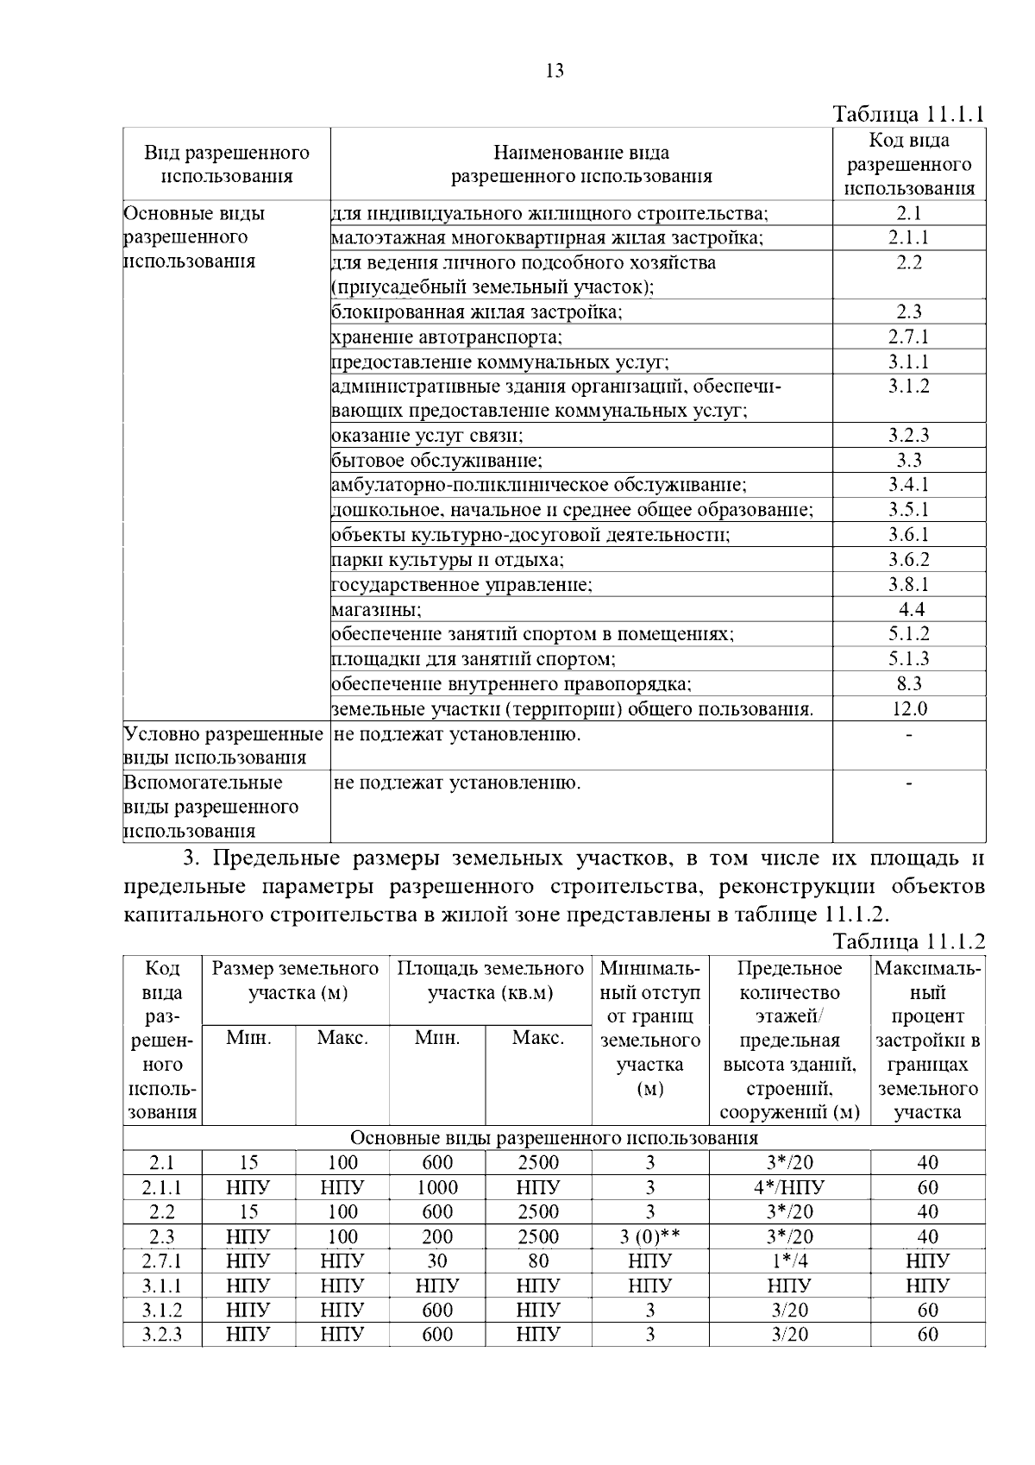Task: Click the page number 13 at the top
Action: coord(555,72)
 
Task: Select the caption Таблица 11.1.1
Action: coord(908,115)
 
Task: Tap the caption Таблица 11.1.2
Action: coord(908,940)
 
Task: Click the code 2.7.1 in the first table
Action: coord(909,336)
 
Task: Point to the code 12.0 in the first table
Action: coord(909,709)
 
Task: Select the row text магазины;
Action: coord(377,610)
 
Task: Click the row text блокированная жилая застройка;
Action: coord(477,312)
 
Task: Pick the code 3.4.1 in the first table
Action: coord(909,485)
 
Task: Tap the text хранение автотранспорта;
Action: coord(447,336)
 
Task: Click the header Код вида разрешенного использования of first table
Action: coord(909,164)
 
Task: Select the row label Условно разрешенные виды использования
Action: coord(223,745)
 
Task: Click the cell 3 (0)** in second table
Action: coord(650,1236)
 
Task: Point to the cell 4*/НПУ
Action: coord(789,1187)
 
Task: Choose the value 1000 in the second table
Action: coord(437,1187)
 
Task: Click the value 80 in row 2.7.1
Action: coord(538,1261)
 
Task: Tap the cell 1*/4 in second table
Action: coord(789,1261)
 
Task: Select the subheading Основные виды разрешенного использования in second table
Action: coord(555,1138)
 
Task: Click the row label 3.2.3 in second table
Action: coord(162,1335)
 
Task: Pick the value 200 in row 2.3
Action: coord(437,1236)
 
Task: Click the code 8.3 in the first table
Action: coord(909,684)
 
